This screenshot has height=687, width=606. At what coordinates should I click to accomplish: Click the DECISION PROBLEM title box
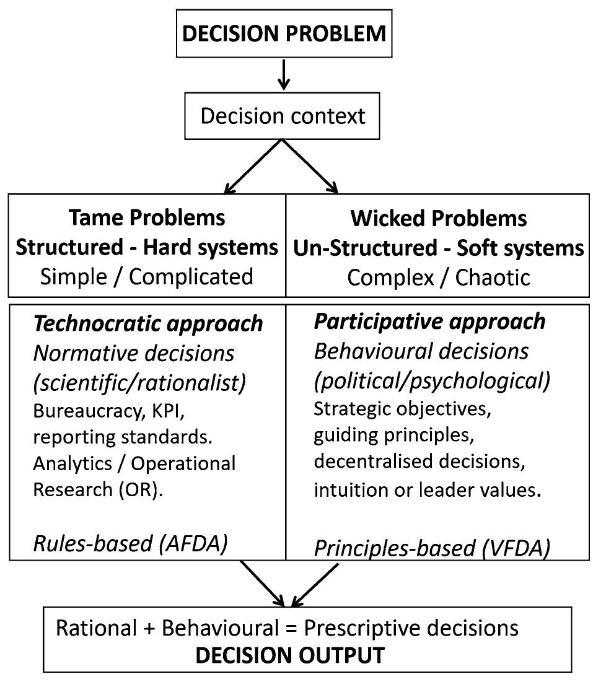284,34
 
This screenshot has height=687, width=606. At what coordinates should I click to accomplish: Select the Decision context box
283,115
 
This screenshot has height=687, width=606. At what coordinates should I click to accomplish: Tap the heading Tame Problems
147,218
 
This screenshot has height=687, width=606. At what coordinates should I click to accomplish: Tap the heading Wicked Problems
438,218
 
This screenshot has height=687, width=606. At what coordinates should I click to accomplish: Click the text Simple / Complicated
147,276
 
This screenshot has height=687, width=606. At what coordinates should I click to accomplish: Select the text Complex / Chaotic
438,277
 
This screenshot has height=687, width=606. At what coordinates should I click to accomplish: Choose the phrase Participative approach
430,321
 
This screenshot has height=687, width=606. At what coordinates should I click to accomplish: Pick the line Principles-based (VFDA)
432,548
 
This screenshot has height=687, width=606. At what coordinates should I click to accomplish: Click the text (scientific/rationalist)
139,383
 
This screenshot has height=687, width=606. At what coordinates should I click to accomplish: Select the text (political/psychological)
432,381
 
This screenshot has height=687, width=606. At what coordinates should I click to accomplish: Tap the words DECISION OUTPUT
290,655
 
